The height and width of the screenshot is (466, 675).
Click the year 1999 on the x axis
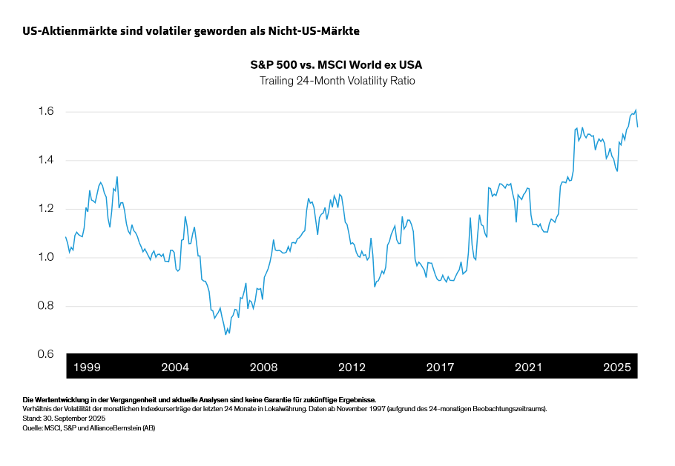click(88, 367)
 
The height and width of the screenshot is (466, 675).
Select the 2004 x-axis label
click(175, 367)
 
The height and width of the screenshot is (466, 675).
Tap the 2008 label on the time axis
click(263, 367)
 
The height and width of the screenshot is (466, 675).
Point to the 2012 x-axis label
click(352, 367)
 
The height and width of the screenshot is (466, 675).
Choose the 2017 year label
click(440, 367)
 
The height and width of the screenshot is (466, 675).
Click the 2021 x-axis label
click(528, 367)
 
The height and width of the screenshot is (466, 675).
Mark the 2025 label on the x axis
click(616, 367)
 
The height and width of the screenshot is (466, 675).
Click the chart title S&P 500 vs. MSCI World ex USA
click(337, 65)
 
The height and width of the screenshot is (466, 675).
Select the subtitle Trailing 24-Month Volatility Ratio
click(337, 81)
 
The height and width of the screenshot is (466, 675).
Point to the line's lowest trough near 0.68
click(225, 334)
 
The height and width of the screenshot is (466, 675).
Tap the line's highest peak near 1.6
click(636, 110)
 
